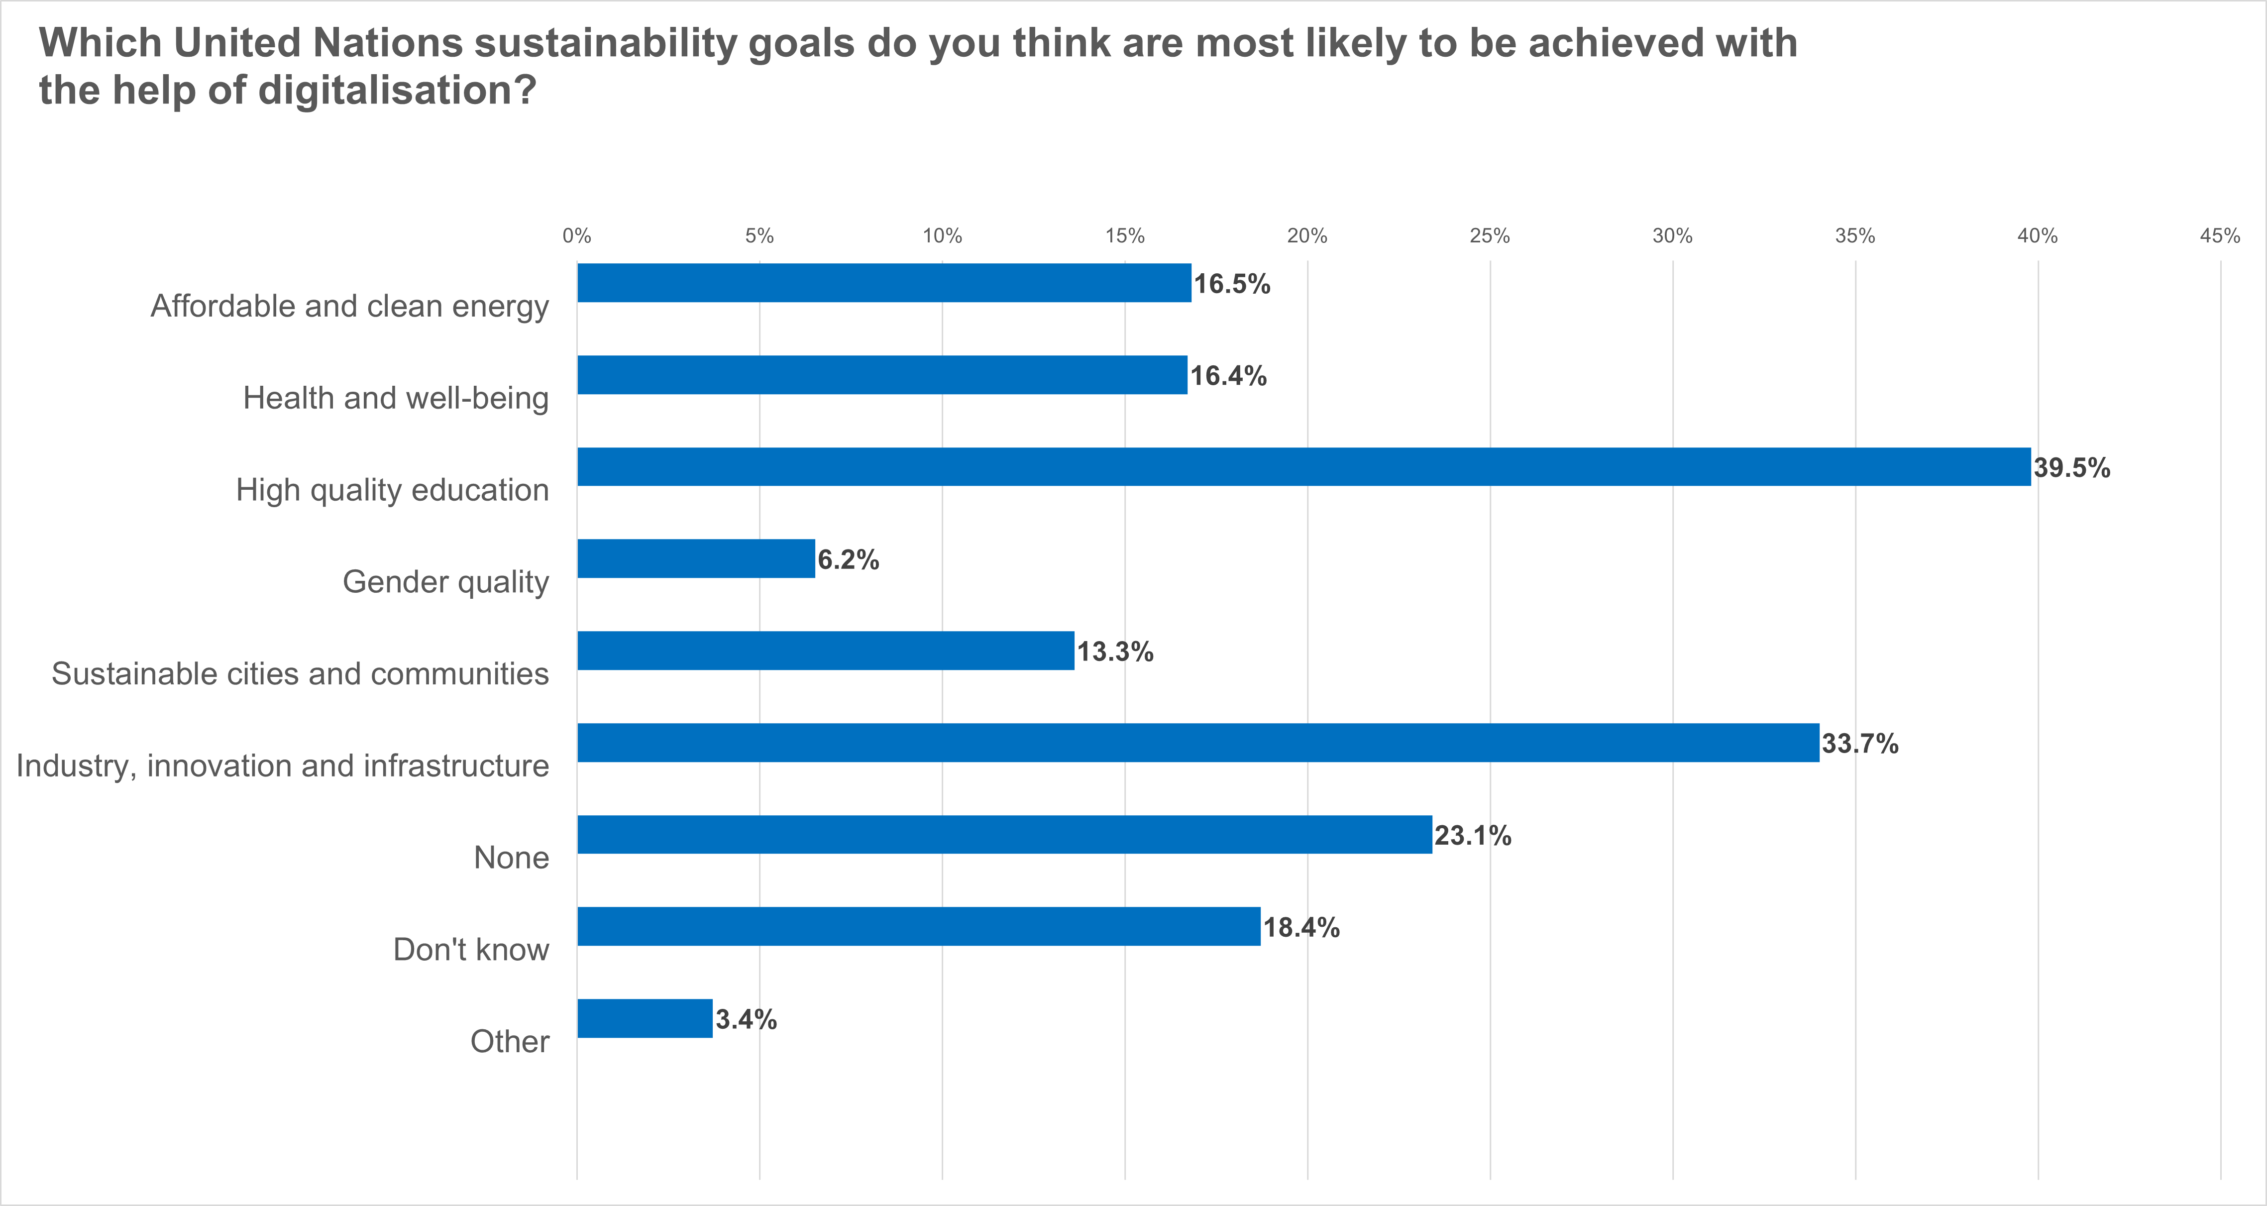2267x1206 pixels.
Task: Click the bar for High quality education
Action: click(x=1304, y=466)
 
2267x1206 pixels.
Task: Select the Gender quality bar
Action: click(x=696, y=559)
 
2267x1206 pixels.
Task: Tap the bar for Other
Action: click(x=645, y=1018)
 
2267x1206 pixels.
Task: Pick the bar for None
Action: click(x=1005, y=835)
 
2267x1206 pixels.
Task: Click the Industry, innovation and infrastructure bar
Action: click(x=1198, y=743)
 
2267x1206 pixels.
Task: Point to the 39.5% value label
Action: click(x=2071, y=468)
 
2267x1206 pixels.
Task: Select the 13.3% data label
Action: click(x=1115, y=653)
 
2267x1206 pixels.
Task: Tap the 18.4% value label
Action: click(x=1301, y=928)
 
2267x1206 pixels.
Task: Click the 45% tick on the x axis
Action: click(x=2220, y=236)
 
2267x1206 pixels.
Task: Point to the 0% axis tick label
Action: click(x=577, y=236)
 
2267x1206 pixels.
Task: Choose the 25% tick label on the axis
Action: click(x=1490, y=236)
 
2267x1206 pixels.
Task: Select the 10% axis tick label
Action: click(x=943, y=236)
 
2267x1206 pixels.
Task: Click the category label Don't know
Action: click(x=471, y=950)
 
